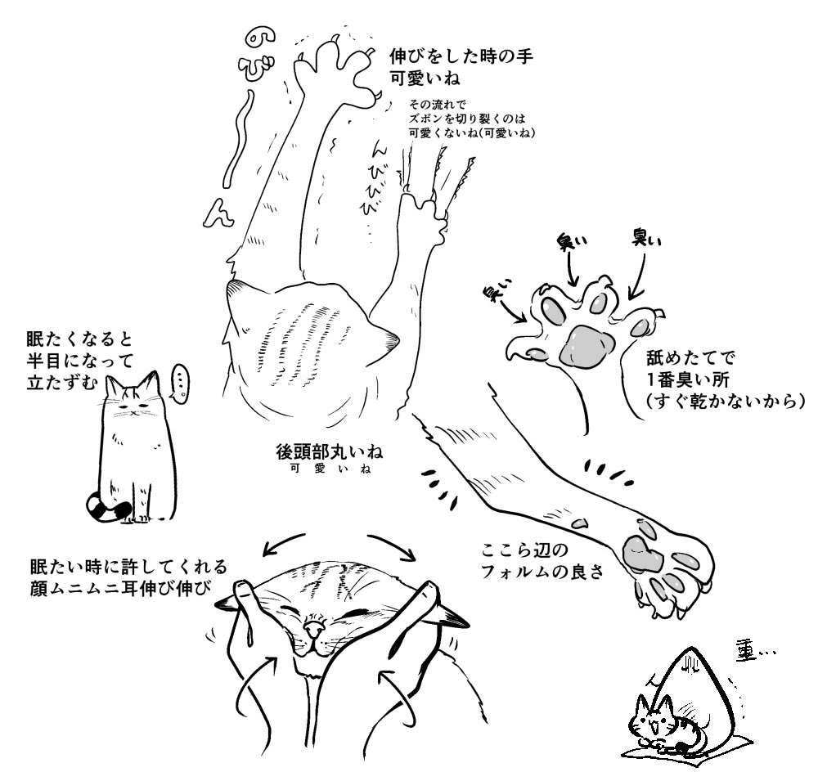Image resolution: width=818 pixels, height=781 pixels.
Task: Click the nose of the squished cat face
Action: (313, 629)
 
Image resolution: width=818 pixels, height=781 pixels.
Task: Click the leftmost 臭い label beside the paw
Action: (496, 291)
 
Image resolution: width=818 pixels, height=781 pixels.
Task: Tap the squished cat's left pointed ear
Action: (228, 603)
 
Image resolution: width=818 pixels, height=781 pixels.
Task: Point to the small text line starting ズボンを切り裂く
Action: (464, 119)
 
